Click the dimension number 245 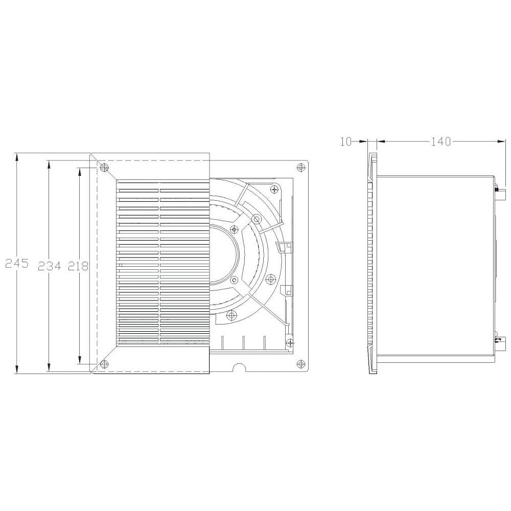click(x=17, y=263)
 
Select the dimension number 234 click(x=50, y=266)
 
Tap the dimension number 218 click(x=78, y=266)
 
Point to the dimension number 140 click(x=441, y=142)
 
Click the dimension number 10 click(x=346, y=142)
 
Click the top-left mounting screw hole click(x=104, y=168)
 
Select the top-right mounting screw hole click(x=301, y=168)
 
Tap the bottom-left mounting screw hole click(x=104, y=364)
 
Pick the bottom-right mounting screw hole click(x=301, y=364)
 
